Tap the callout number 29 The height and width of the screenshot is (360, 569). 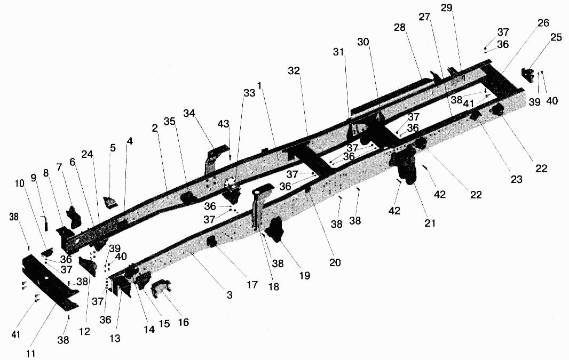click(x=447, y=7)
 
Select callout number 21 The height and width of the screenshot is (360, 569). click(x=430, y=223)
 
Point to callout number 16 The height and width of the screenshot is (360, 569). click(x=184, y=322)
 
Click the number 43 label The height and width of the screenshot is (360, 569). click(x=224, y=124)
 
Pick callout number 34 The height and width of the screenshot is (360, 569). click(x=189, y=114)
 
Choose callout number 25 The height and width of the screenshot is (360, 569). click(x=556, y=37)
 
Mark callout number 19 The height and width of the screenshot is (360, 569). click(x=305, y=276)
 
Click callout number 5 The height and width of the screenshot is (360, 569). click(x=113, y=148)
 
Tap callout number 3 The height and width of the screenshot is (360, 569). click(x=230, y=295)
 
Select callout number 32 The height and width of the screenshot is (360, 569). click(x=294, y=71)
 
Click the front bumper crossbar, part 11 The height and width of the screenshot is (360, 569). click(x=50, y=282)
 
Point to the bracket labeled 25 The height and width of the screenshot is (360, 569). click(x=528, y=76)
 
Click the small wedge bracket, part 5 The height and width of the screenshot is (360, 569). click(x=110, y=202)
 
